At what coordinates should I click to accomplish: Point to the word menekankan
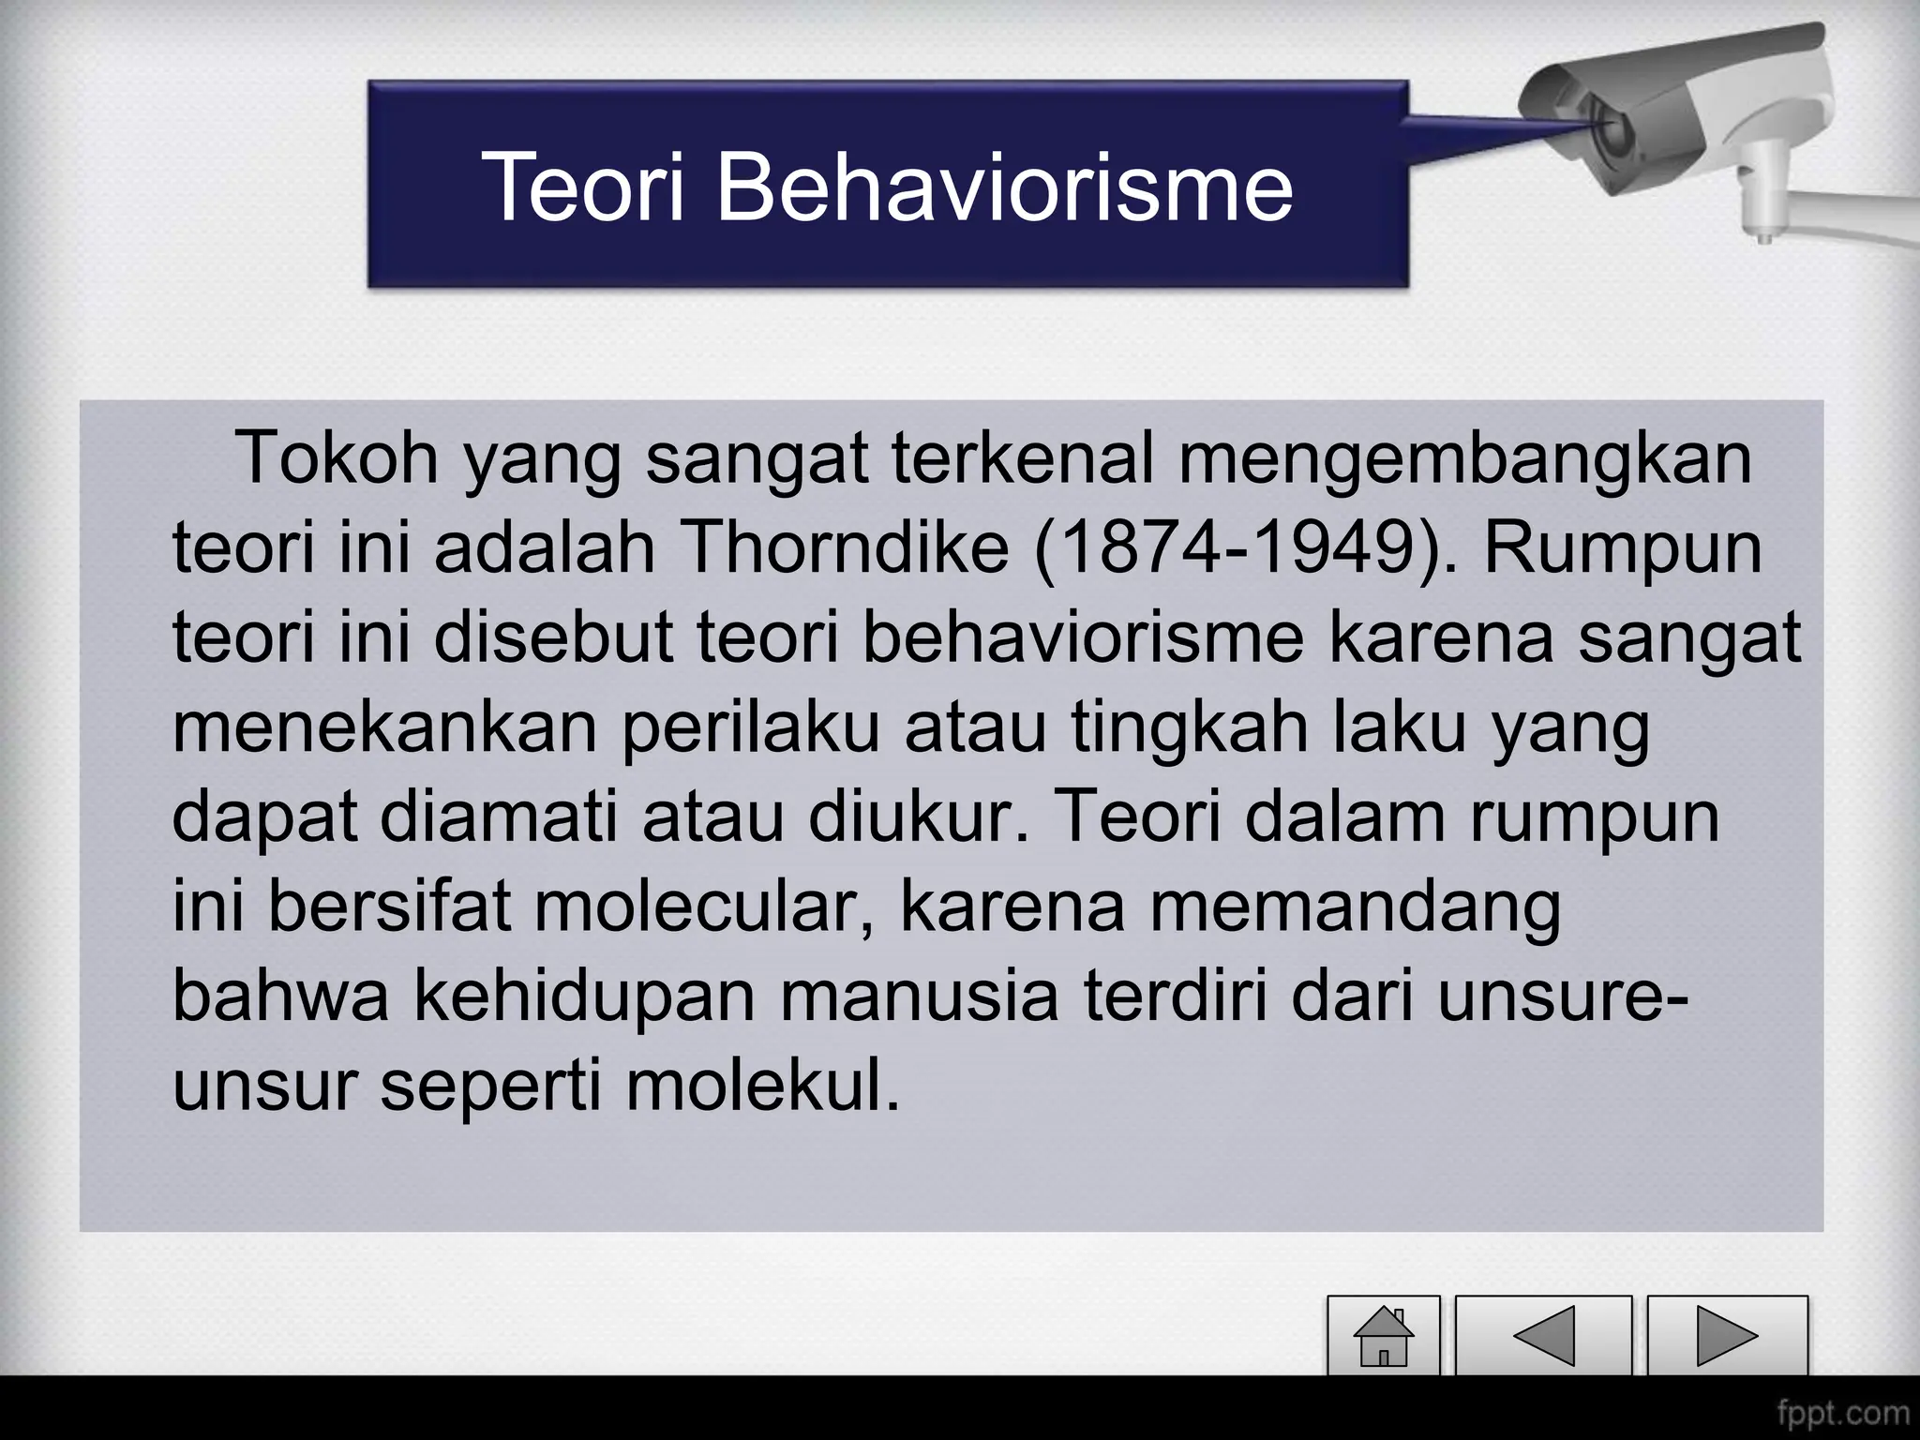point(385,727)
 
